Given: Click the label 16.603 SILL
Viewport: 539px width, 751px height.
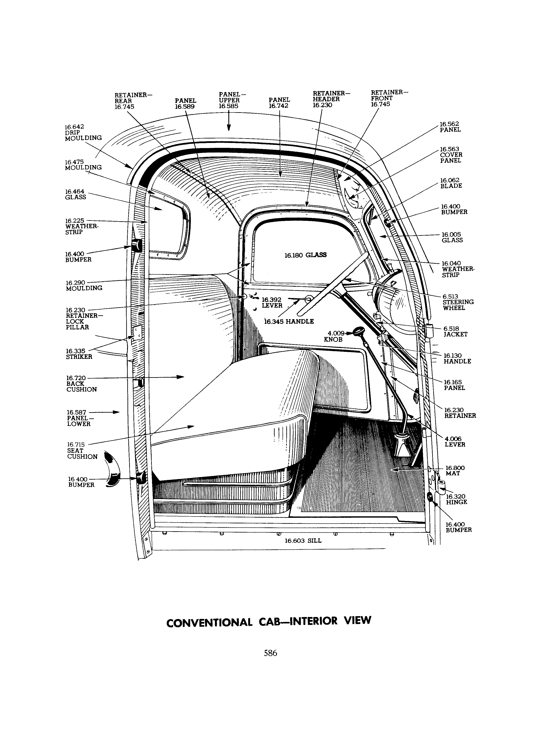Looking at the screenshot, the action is (x=303, y=541).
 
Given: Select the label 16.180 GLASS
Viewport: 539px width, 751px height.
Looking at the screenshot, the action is (x=305, y=255).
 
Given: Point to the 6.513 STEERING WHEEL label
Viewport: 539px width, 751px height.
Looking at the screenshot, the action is (x=458, y=302).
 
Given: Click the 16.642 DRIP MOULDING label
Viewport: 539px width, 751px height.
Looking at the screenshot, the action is (x=83, y=132).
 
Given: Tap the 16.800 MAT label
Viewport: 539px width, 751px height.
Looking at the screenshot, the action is (x=455, y=470).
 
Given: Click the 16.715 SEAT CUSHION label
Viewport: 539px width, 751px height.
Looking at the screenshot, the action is (x=82, y=451).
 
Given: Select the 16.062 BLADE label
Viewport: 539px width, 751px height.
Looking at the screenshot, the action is (x=451, y=183).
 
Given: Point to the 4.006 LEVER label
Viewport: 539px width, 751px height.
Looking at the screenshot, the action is (x=455, y=442).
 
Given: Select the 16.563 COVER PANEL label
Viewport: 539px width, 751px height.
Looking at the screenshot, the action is (x=451, y=155).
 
